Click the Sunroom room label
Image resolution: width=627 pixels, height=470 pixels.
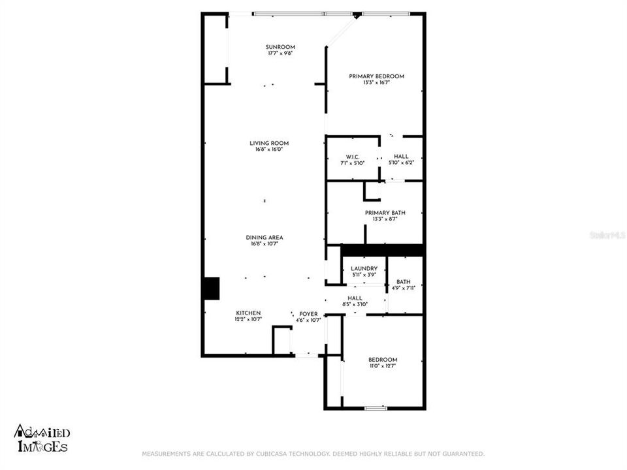click(280, 47)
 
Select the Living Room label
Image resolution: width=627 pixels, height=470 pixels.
click(268, 143)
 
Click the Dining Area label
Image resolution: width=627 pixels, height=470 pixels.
click(264, 238)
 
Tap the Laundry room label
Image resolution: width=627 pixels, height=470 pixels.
click(364, 269)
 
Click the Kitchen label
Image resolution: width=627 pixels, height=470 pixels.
click(248, 313)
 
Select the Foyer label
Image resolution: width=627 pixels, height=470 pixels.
click(308, 314)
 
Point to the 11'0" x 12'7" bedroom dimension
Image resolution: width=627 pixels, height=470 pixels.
click(382, 366)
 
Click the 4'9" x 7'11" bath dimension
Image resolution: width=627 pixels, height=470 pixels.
click(403, 288)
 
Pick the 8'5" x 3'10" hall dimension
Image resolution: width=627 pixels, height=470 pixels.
click(355, 304)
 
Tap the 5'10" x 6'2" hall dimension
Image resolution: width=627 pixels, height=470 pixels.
click(401, 163)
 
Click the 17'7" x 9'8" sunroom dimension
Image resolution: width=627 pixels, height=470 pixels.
click(280, 54)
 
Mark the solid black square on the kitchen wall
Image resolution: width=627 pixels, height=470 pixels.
click(211, 289)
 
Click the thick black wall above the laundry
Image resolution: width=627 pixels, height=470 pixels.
click(383, 250)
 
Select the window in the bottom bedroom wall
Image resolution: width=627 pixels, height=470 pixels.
click(375, 408)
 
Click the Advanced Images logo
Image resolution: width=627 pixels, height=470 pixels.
click(42, 439)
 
